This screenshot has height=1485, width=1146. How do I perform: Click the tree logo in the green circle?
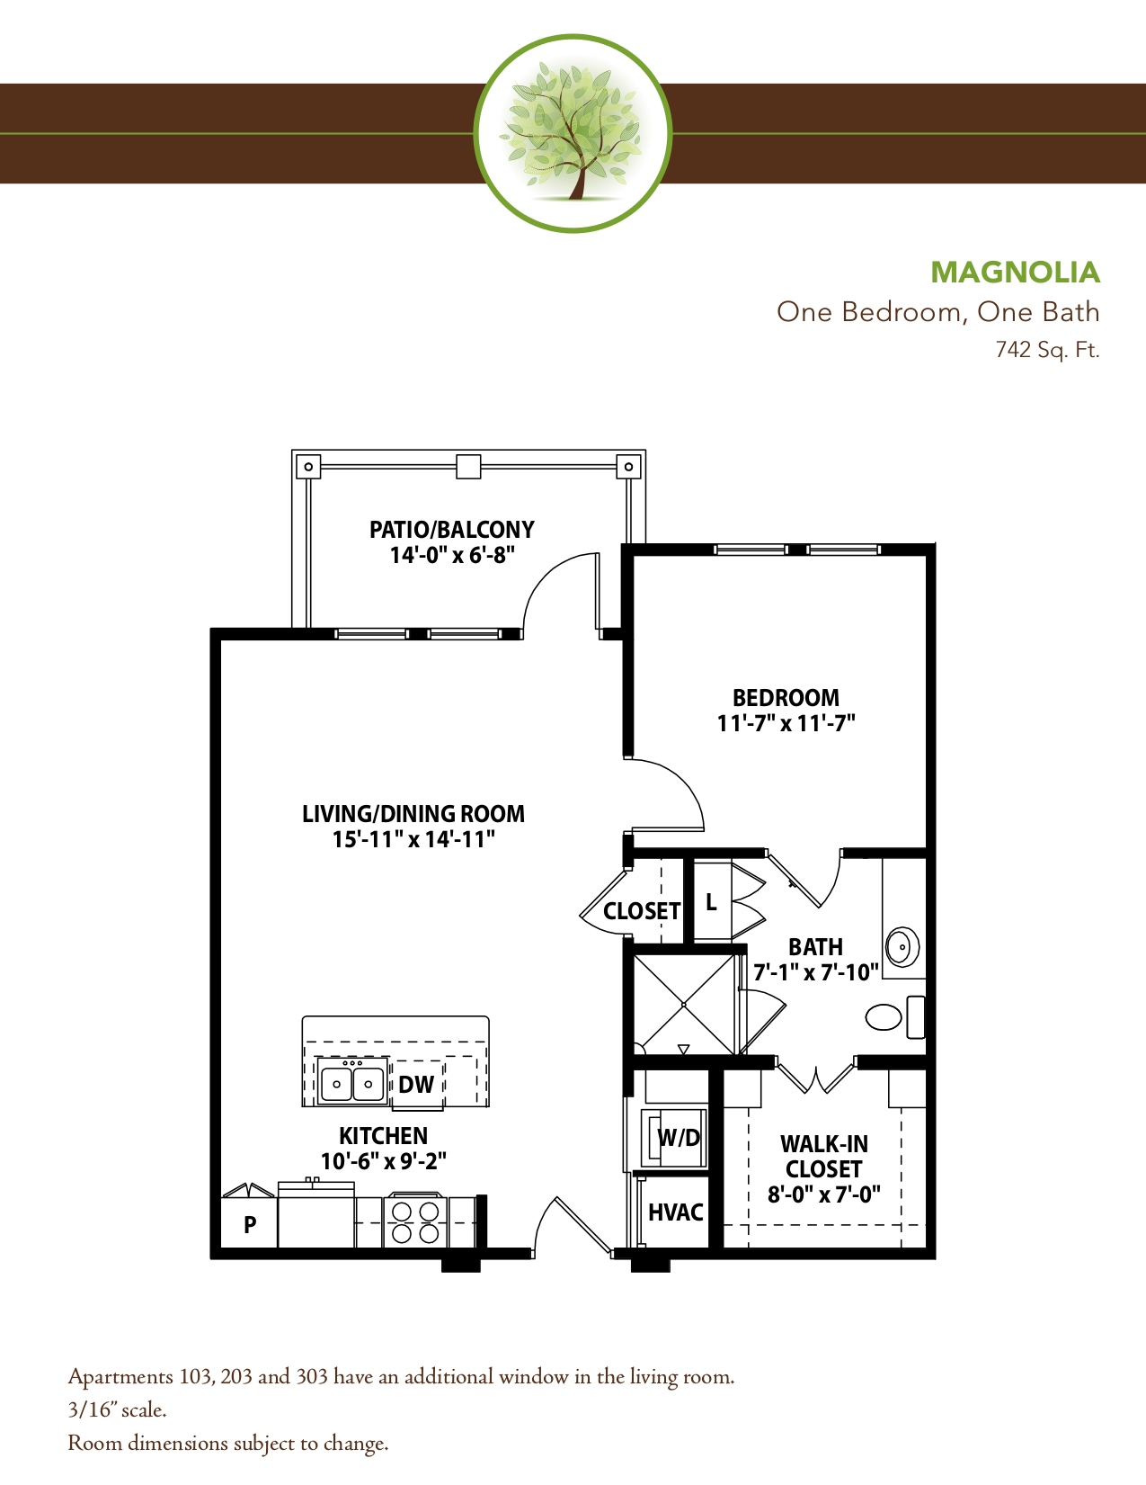coord(573,132)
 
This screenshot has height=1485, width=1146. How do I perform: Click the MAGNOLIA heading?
coord(1015,272)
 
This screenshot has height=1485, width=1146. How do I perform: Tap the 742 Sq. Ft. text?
coord(1047,349)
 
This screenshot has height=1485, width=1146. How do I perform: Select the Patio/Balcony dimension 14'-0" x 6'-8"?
coord(452,555)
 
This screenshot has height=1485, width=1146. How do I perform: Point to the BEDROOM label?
coord(786,698)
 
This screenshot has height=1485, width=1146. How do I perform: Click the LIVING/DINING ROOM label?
coord(413,814)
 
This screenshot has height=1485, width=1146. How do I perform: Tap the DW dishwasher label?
coord(416,1085)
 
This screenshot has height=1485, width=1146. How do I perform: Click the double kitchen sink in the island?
coord(352,1084)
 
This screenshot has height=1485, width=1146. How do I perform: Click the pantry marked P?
coord(250,1224)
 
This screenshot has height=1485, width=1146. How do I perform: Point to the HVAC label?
coord(675,1212)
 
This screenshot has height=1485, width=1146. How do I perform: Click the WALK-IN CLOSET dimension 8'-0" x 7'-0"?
coord(823,1194)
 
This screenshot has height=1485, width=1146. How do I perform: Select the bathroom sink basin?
coord(902,947)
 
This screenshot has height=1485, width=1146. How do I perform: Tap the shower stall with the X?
coord(684,1004)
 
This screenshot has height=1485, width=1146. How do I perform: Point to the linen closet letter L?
coord(711,902)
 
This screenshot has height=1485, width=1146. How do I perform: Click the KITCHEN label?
coord(383,1136)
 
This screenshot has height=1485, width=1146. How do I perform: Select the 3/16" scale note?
coord(117,1409)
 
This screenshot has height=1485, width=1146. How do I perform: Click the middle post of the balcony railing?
coord(468,467)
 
